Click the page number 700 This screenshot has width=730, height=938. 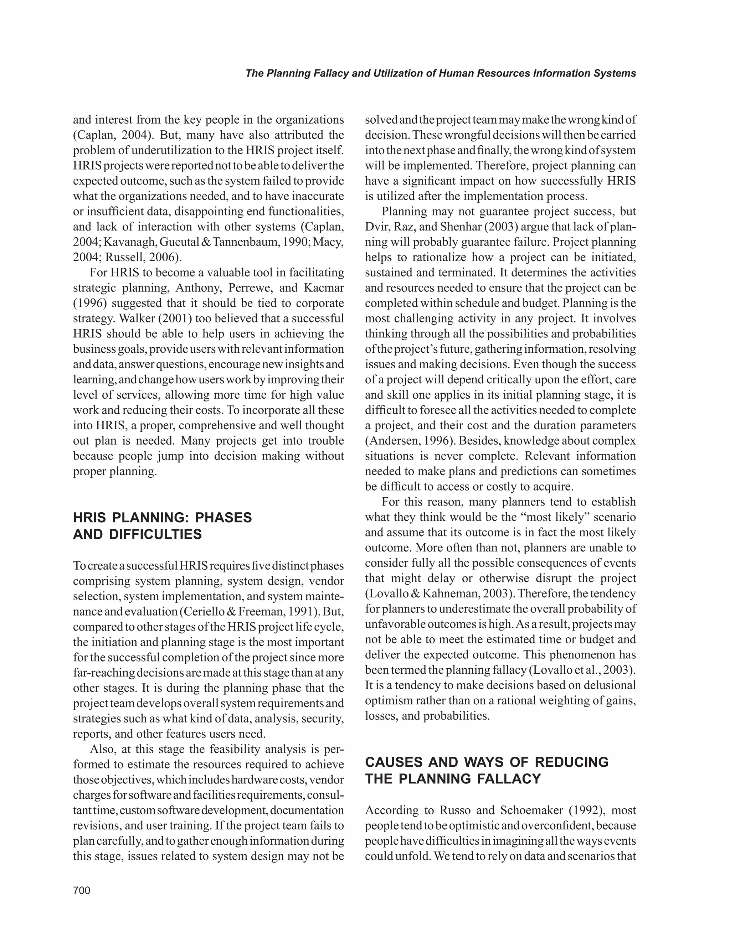(x=82, y=890)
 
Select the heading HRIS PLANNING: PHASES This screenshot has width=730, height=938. (x=163, y=518)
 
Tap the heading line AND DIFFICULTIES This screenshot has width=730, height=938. (x=138, y=535)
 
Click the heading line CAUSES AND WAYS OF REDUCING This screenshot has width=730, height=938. (x=487, y=762)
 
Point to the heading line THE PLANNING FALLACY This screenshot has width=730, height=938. (x=453, y=779)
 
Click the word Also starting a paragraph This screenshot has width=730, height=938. (x=102, y=750)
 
